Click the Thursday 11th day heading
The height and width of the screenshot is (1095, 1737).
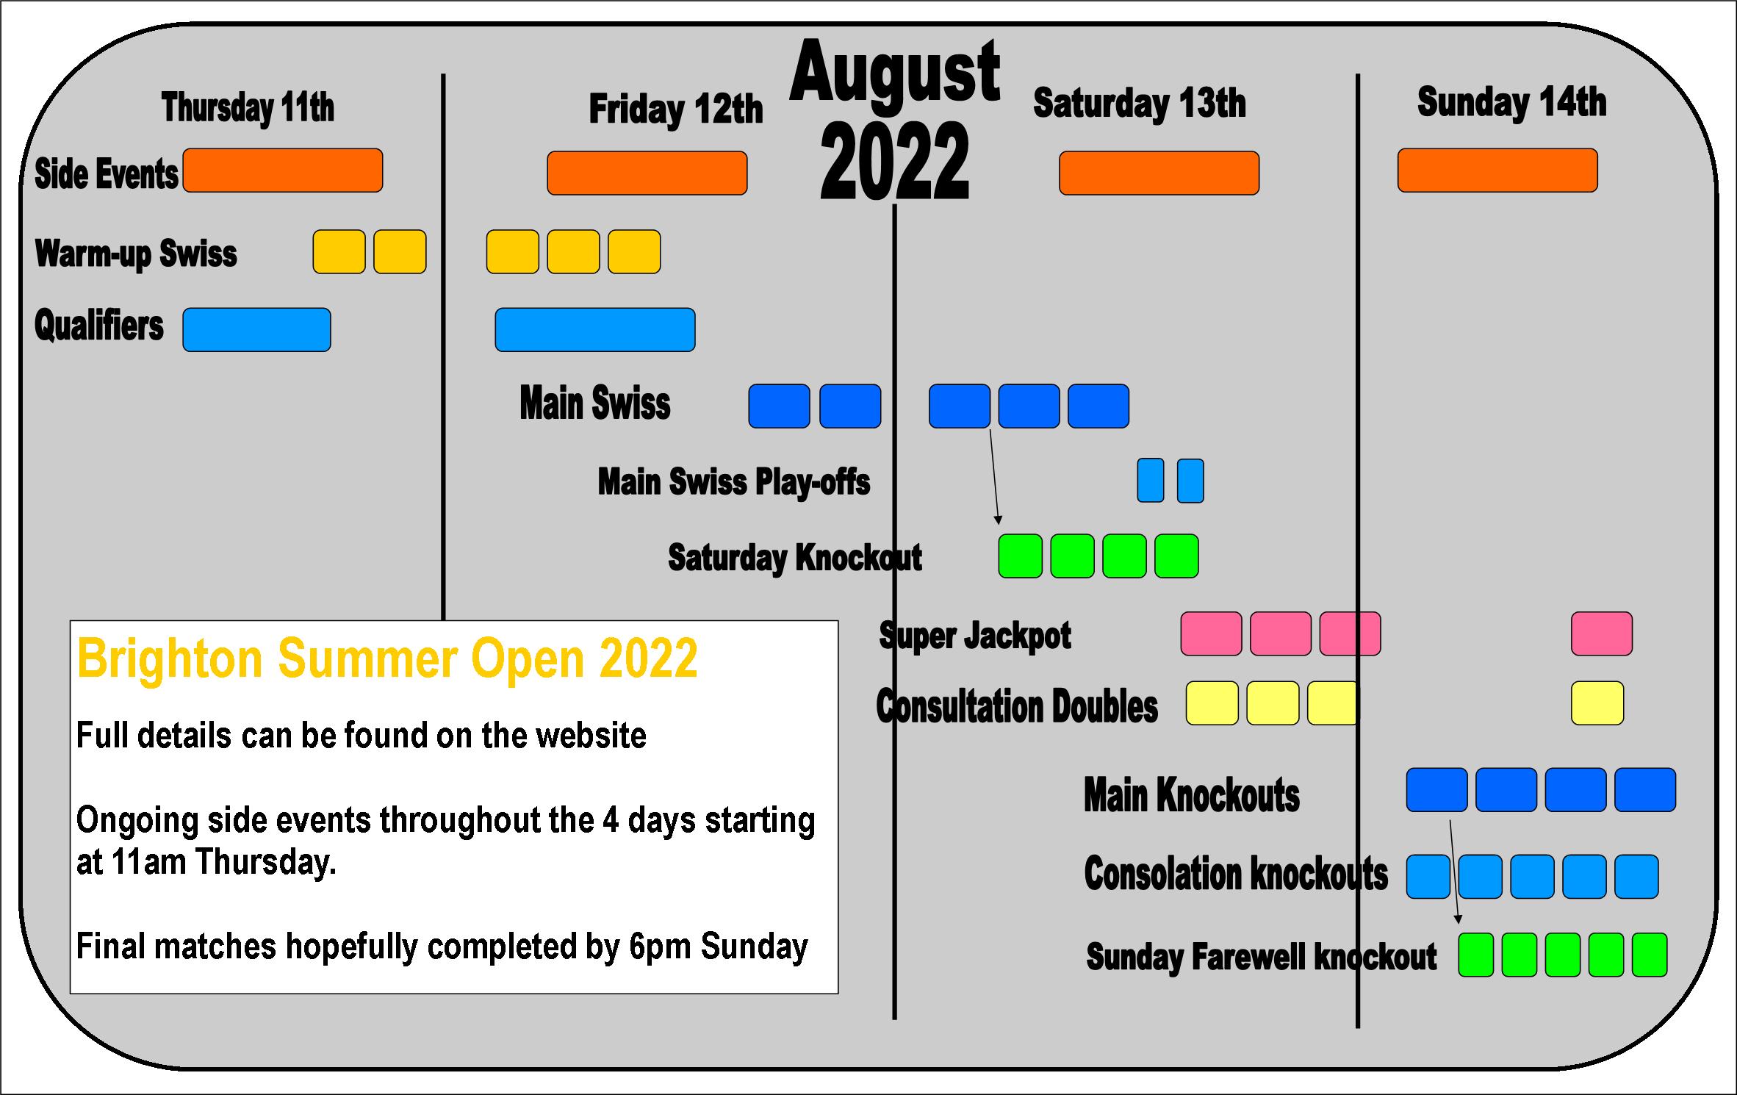[x=248, y=108]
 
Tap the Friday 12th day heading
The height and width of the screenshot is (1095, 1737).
[x=676, y=109]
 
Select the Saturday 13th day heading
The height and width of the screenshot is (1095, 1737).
[x=1140, y=103]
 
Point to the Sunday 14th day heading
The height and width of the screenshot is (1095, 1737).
[x=1511, y=101]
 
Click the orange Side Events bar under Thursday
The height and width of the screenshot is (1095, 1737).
[x=283, y=170]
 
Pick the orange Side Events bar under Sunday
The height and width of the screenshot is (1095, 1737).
[x=1497, y=170]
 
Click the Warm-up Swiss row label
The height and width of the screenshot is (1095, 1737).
[x=136, y=254]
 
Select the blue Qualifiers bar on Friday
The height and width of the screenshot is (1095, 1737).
[x=595, y=330]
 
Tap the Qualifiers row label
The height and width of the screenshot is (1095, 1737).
[x=99, y=326]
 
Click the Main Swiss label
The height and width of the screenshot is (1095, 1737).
[x=595, y=403]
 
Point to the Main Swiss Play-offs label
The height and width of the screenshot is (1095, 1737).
[x=734, y=482]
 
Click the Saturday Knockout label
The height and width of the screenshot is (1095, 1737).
[x=795, y=558]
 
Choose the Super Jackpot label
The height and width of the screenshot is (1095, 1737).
[x=975, y=636]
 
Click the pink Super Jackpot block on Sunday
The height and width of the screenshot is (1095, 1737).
[x=1602, y=633]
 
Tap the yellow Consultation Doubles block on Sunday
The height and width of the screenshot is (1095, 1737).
[x=1597, y=703]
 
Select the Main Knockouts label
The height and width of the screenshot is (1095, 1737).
[x=1192, y=795]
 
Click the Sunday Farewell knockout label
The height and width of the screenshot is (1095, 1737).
[x=1262, y=957]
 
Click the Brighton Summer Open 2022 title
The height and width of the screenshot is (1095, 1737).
[x=387, y=658]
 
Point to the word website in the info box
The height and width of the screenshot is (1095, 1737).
[x=592, y=736]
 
